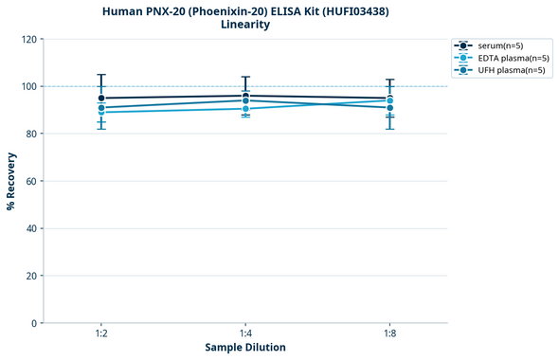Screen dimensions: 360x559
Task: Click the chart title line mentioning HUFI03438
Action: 245,11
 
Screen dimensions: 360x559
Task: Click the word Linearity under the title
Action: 245,25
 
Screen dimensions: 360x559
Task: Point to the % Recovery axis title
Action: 11,181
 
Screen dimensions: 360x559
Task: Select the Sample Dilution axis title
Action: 245,348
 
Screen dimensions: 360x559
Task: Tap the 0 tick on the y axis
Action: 34,323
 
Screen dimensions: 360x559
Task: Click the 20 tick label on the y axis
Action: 31,276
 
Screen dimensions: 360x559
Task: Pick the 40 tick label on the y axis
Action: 31,228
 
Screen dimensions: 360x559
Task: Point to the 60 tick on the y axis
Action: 31,181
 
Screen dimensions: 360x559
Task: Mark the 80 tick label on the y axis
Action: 31,134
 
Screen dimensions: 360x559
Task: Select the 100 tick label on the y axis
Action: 28,86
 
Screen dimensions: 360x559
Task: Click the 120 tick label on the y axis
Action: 28,39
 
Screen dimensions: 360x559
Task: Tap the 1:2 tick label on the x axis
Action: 101,333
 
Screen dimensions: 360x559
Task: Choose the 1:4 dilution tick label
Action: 245,333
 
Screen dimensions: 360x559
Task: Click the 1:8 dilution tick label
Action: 389,333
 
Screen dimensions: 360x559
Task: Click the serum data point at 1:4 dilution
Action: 245,96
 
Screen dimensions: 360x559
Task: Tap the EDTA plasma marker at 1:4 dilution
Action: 245,109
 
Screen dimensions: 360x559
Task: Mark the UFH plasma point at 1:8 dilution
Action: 389,108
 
